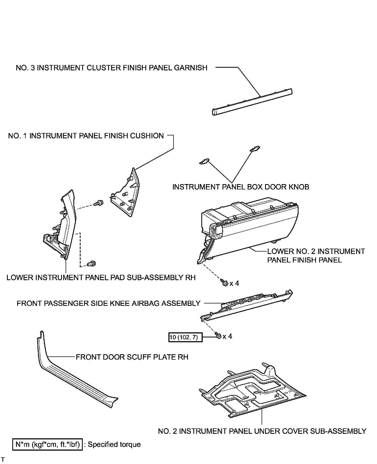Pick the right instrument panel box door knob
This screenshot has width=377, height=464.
(x=255, y=149)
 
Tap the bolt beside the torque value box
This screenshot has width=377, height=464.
(x=218, y=336)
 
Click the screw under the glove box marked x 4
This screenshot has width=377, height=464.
(x=224, y=283)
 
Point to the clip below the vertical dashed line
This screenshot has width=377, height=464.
(x=92, y=263)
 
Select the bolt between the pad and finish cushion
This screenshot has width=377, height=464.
(x=98, y=204)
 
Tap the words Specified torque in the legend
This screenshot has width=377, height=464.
(x=114, y=444)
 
